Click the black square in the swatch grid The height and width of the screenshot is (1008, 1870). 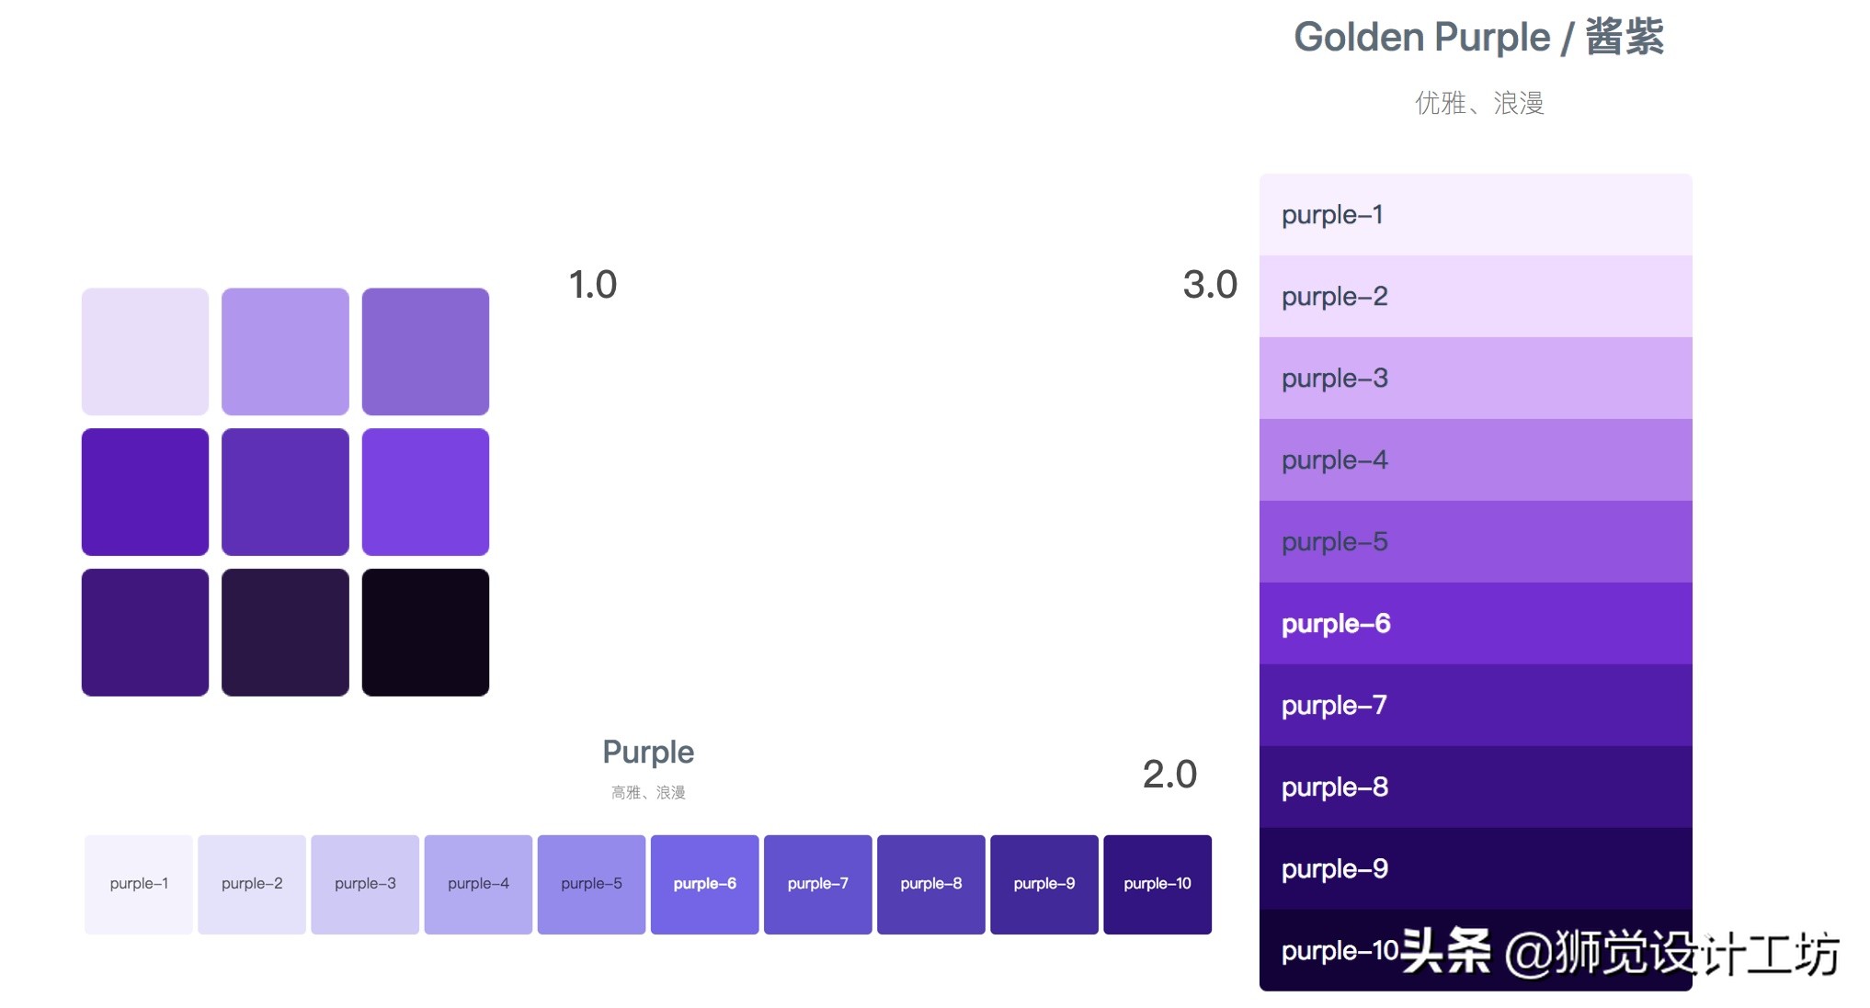pyautogui.click(x=425, y=632)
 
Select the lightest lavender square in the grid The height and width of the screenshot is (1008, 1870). pyautogui.click(x=145, y=351)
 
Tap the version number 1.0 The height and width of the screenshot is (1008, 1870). pyautogui.click(x=592, y=285)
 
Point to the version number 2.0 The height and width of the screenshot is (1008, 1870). pyautogui.click(x=1169, y=775)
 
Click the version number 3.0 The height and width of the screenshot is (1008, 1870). pyautogui.click(x=1210, y=285)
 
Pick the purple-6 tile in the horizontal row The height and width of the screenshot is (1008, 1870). pyautogui.click(x=704, y=884)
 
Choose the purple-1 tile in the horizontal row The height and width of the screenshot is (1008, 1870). pyautogui.click(x=139, y=884)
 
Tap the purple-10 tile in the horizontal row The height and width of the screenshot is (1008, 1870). pyautogui.click(x=1157, y=884)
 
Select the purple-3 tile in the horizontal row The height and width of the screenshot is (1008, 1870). pyautogui.click(x=365, y=884)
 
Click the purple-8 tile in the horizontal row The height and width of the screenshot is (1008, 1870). pyautogui.click(x=930, y=884)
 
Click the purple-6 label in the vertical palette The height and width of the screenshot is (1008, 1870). pyautogui.click(x=1336, y=624)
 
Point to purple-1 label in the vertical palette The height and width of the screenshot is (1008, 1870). pyautogui.click(x=1332, y=215)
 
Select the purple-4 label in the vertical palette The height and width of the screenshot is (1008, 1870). pyautogui.click(x=1335, y=460)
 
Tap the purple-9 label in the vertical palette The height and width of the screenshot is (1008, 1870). pyautogui.click(x=1335, y=869)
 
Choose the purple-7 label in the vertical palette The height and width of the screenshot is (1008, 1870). pyautogui.click(x=1334, y=706)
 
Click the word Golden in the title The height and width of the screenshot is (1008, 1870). pyautogui.click(x=1359, y=38)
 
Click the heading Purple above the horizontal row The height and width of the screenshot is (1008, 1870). pyautogui.click(x=648, y=753)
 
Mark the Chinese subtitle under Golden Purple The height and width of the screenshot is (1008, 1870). pyautogui.click(x=1478, y=103)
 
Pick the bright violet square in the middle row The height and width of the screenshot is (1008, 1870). pyautogui.click(x=425, y=492)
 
